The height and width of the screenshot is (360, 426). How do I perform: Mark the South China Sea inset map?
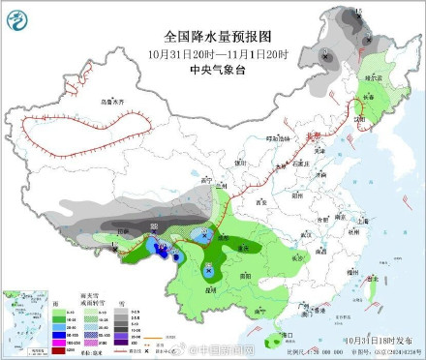click(20, 321)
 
